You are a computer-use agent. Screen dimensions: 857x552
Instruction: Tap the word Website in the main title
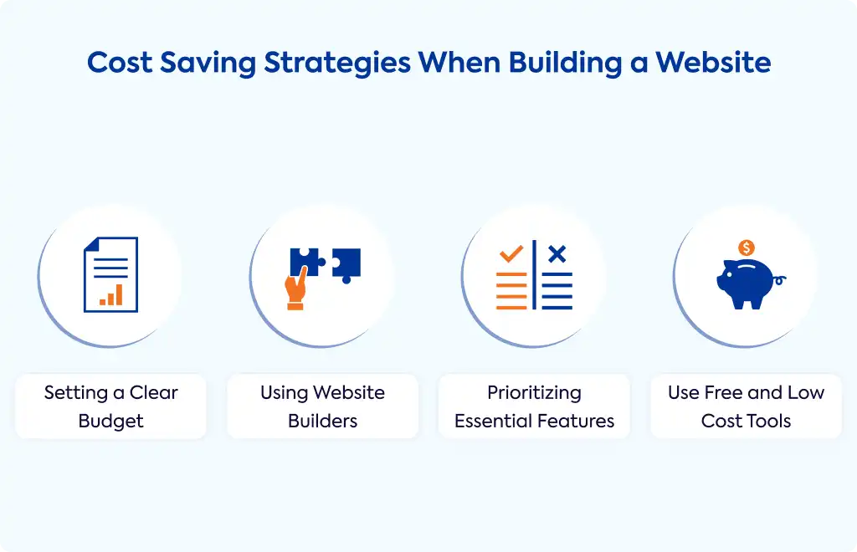[x=713, y=62]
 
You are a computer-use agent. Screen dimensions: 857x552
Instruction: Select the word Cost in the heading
[x=120, y=62]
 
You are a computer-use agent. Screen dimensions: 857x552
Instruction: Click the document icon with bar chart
[x=111, y=274]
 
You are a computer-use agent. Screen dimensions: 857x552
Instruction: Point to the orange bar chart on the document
[x=111, y=295]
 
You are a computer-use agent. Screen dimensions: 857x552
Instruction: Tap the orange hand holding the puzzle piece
[x=295, y=289]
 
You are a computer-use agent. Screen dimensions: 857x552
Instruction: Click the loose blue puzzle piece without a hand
[x=346, y=265]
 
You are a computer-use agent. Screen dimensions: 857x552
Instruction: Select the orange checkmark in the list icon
[x=511, y=254]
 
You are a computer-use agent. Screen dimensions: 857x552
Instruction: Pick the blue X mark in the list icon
[x=557, y=254]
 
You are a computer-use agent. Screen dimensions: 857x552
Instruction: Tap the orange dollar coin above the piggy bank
[x=746, y=248]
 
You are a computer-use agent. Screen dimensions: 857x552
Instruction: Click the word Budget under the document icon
[x=111, y=422]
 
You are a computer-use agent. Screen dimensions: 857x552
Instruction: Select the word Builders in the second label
[x=322, y=421]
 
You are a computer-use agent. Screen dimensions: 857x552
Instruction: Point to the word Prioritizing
[x=534, y=393]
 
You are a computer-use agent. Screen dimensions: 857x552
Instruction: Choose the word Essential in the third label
[x=493, y=421]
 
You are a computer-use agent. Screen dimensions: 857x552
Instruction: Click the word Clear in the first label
[x=154, y=392]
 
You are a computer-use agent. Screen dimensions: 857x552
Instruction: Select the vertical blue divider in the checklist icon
[x=534, y=274]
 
